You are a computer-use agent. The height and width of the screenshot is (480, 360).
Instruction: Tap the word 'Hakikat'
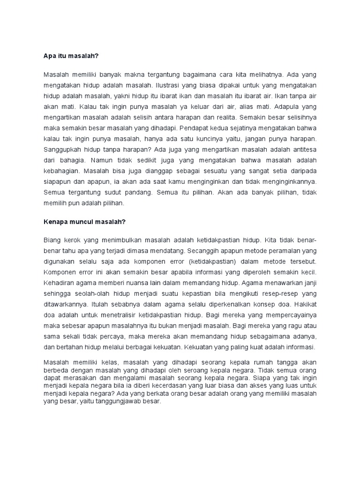[304, 304]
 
